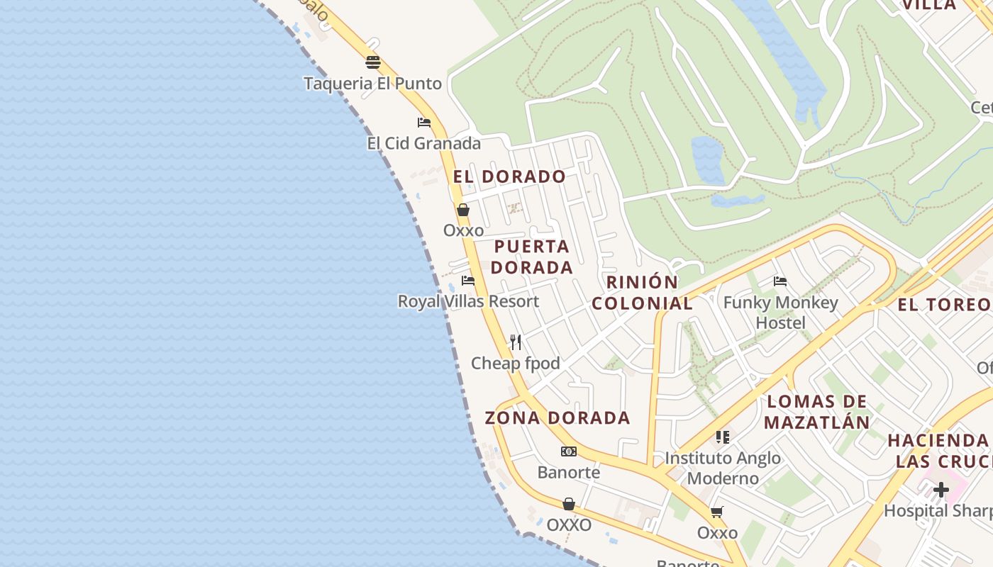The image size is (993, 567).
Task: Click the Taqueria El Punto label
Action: coord(372,84)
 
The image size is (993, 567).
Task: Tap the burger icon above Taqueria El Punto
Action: coord(373,62)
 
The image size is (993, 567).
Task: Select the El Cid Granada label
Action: coord(423,144)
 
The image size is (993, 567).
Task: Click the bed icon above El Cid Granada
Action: coord(424,122)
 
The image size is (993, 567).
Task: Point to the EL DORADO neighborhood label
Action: coord(509,176)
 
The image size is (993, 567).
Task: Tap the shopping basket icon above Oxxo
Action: coord(463,210)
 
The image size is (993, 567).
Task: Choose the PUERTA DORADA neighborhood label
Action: coord(531,257)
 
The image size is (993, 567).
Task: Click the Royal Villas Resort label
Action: coord(468,301)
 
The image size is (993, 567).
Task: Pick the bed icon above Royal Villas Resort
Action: coord(468,281)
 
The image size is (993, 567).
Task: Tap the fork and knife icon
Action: coord(516,342)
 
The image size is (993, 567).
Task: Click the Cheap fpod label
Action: coord(516,364)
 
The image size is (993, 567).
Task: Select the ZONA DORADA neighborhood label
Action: coord(557,418)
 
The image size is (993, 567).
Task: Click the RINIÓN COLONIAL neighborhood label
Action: coord(642,293)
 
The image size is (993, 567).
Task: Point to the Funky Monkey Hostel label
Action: coord(780,313)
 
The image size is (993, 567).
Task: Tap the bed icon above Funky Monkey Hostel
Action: coord(780,281)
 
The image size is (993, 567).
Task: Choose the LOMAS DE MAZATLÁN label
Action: coord(818,412)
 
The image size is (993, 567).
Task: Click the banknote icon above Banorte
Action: coord(569,451)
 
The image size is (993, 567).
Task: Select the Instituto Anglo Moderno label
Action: coord(723,468)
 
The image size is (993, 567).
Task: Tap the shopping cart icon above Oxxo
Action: coord(717,512)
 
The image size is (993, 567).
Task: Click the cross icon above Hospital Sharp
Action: coord(941,490)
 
